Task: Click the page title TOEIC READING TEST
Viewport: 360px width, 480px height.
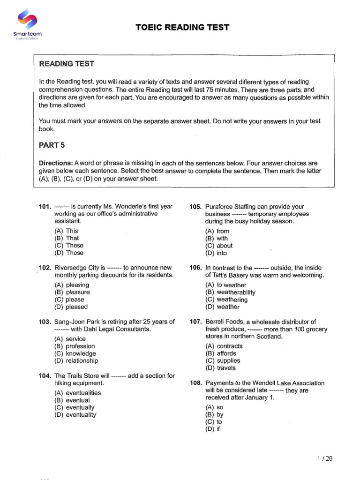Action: (x=182, y=27)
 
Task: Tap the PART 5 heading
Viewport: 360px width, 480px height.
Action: (x=52, y=145)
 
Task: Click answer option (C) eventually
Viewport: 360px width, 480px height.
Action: (x=74, y=407)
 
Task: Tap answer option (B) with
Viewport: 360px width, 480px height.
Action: (x=217, y=238)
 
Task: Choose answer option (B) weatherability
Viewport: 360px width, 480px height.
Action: (x=230, y=292)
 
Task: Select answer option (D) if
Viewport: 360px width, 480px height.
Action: (x=212, y=429)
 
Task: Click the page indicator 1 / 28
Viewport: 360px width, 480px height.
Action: (x=324, y=458)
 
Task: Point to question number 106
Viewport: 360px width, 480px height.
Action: (x=195, y=268)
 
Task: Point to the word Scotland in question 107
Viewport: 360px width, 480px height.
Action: (x=269, y=337)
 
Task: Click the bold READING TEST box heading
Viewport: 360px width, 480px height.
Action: (x=66, y=64)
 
